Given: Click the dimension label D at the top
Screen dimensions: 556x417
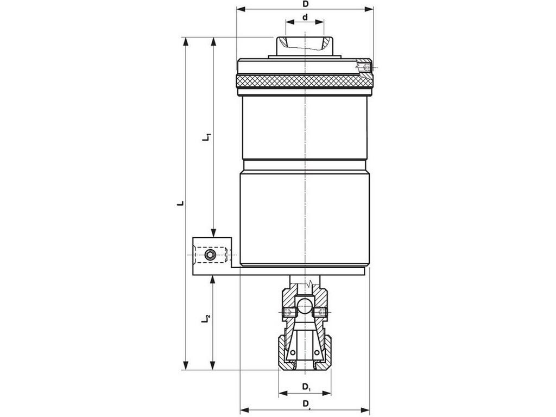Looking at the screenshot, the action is coord(305,4).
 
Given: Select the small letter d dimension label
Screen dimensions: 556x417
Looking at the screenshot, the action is coord(305,17).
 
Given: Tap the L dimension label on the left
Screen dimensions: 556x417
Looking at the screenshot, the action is coord(181,204).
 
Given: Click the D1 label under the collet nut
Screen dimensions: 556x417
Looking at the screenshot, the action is coord(307,387).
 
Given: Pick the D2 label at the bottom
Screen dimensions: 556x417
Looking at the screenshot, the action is coord(307,404).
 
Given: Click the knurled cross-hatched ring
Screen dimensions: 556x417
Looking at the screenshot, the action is coord(305,81).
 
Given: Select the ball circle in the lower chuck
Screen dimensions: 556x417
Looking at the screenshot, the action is coord(304,306).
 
